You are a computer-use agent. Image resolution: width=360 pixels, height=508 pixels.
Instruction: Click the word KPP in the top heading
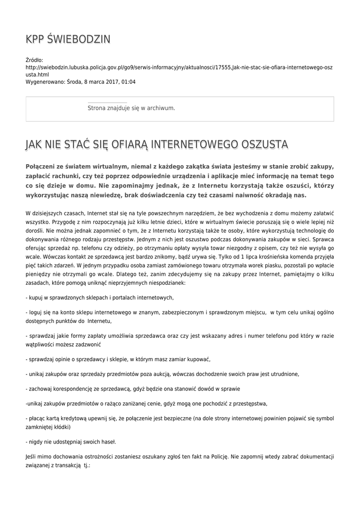click(36, 39)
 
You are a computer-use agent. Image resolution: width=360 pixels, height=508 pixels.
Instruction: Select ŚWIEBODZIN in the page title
click(80, 39)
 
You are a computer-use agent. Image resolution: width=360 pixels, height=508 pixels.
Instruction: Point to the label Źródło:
click(34, 60)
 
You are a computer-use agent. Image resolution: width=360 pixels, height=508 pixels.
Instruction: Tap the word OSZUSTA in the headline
click(264, 144)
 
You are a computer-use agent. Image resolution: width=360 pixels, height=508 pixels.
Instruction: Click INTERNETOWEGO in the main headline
click(195, 144)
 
